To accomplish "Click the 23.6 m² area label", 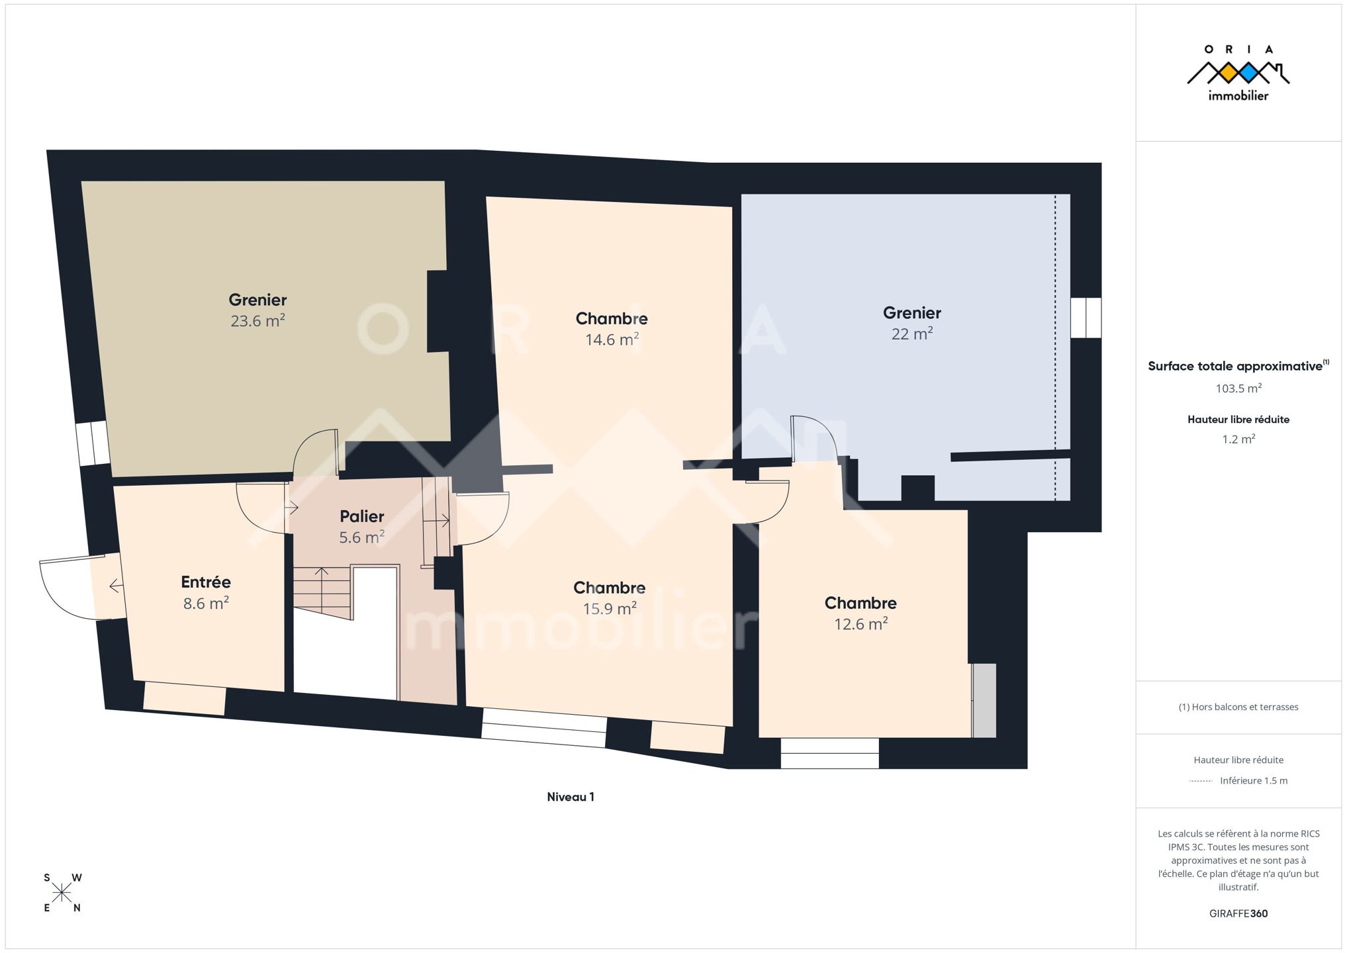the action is pos(257,321).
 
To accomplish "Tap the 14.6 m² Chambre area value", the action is pos(612,340).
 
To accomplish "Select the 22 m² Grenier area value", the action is pos(912,334).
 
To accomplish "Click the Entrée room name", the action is pos(206,582).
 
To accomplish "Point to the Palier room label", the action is pos(362,516).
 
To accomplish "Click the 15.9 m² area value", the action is pos(610,608).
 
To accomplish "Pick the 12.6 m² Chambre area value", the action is pos(860,624).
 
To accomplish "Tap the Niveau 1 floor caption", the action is pos(571,797).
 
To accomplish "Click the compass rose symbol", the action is pos(62,893).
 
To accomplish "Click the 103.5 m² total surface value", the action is pos(1238,388).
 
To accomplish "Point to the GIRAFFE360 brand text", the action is pos(1238,913).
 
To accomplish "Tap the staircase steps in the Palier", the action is pos(322,592).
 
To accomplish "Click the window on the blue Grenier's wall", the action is pos(1086,318).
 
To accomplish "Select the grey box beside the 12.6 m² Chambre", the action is pos(984,700).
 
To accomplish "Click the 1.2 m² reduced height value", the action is pos(1238,439).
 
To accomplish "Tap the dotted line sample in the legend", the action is pos(1201,781).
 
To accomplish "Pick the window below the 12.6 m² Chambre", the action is pos(830,753).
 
